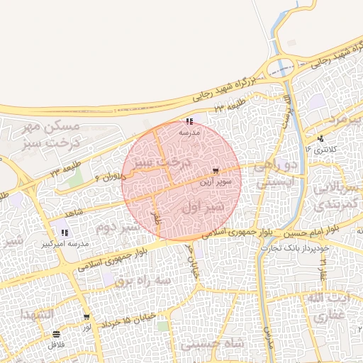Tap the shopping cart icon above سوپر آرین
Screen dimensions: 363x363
pos(216,171)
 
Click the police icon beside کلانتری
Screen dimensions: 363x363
pos(321,139)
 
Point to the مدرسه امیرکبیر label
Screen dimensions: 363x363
pos(67,243)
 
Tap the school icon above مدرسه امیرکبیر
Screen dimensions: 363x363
pos(65,233)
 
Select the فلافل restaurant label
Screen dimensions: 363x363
pos(56,345)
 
